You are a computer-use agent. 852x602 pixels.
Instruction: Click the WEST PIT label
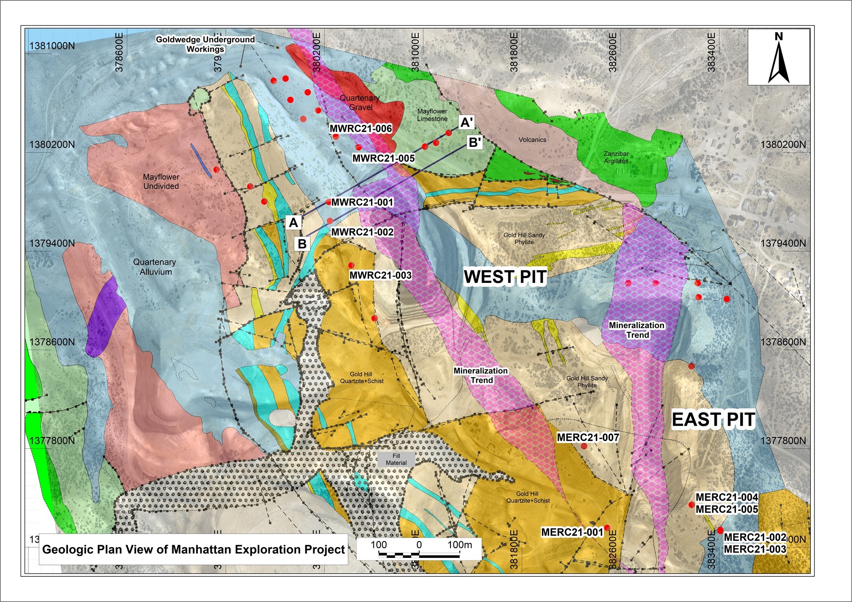point(505,277)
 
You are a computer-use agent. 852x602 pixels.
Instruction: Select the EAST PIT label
point(714,420)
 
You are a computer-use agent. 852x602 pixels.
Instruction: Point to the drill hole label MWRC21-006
point(361,129)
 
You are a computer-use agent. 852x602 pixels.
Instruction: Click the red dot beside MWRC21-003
point(351,265)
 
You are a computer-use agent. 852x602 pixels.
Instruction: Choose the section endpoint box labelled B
point(302,244)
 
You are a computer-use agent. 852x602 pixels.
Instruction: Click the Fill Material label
point(396,459)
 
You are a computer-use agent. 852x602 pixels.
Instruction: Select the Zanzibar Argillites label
point(616,157)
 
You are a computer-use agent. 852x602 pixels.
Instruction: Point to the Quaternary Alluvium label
point(155,267)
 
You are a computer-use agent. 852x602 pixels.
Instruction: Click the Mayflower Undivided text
point(161,181)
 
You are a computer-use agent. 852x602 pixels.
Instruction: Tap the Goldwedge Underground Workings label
point(205,44)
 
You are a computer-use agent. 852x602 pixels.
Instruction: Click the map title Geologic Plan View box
point(193,549)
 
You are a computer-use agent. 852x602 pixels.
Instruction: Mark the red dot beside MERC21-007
point(584,446)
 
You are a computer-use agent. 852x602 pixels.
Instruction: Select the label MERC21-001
point(572,532)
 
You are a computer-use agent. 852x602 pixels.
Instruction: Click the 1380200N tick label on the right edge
point(783,145)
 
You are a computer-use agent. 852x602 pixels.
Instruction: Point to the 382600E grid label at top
point(613,52)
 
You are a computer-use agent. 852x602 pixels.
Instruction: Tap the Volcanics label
point(532,140)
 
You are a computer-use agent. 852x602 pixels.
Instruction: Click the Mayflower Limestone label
point(432,115)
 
